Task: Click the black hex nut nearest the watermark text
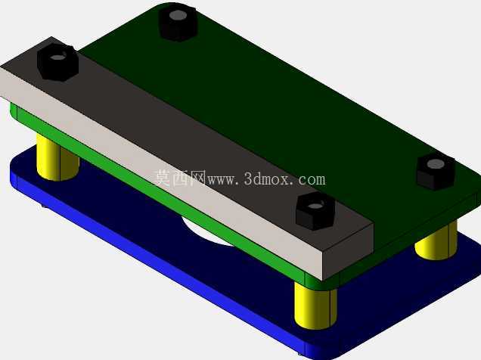click(315, 212)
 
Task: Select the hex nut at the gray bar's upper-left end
click(57, 62)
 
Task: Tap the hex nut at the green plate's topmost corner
click(178, 23)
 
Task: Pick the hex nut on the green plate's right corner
click(436, 172)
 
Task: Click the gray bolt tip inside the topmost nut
click(178, 15)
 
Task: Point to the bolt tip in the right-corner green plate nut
click(436, 164)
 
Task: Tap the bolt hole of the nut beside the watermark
click(315, 205)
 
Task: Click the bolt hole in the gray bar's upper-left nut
click(58, 57)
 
